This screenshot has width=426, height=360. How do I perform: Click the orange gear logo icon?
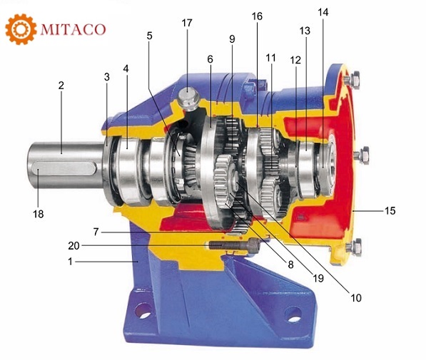[x=21, y=29]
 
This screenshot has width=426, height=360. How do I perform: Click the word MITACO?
[x=73, y=29]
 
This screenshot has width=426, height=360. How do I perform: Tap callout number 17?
[x=187, y=23]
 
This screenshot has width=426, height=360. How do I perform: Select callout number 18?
[x=39, y=214]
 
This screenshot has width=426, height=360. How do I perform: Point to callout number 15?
[x=390, y=210]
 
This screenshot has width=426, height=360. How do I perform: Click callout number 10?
[x=356, y=298]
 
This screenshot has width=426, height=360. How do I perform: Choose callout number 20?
[x=73, y=246]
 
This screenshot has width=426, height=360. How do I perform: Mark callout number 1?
[x=71, y=262]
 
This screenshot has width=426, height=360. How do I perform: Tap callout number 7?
[x=96, y=232]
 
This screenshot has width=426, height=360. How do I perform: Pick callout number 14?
[x=323, y=12]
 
